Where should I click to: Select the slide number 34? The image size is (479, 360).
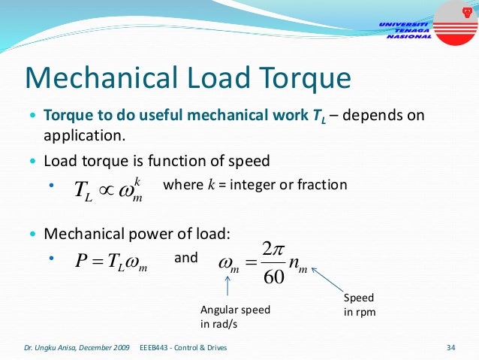pyautogui.click(x=451, y=348)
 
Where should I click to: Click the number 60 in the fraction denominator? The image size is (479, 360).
pyautogui.click(x=273, y=277)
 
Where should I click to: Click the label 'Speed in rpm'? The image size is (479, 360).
pyautogui.click(x=360, y=304)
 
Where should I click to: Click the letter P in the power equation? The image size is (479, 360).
pyautogui.click(x=82, y=260)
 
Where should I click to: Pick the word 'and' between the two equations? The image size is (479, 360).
pyautogui.click(x=185, y=258)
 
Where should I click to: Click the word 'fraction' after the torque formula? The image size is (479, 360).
pyautogui.click(x=323, y=184)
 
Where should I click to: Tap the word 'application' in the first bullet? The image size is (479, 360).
pyautogui.click(x=82, y=137)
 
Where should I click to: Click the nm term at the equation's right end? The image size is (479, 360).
pyautogui.click(x=299, y=265)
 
